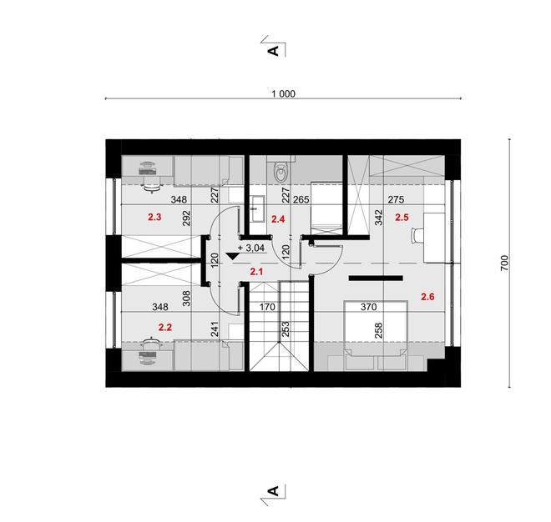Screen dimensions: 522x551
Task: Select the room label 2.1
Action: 256,272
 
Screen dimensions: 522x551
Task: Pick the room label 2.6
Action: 427,296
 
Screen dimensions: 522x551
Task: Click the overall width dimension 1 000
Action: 283,94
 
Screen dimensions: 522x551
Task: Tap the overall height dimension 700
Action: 503,263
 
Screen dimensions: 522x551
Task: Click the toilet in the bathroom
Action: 280,171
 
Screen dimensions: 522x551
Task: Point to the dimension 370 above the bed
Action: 368,308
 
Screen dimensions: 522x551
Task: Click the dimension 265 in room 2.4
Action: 301,200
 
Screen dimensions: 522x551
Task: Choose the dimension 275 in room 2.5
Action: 396,200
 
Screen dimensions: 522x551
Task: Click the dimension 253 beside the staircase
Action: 286,328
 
